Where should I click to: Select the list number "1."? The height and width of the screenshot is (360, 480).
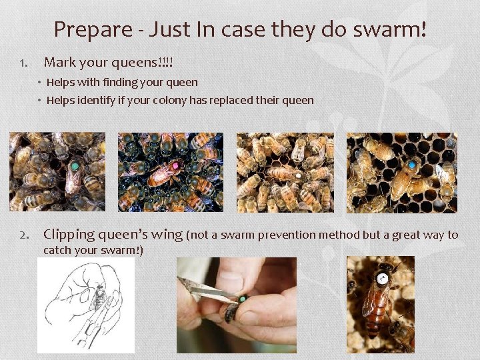tap(24, 64)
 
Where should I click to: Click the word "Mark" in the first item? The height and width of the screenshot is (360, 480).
tap(59, 63)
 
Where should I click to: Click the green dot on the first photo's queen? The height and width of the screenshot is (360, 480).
tap(75, 165)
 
